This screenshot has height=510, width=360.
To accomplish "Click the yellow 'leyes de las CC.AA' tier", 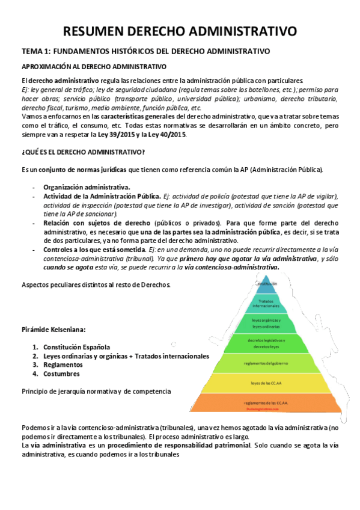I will (266, 382).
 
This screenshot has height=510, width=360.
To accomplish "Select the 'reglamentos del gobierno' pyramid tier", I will (266, 363).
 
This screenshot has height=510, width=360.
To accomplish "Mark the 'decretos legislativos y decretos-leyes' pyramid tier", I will (266, 343).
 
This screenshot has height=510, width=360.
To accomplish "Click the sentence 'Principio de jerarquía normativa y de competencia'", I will (96, 392).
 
